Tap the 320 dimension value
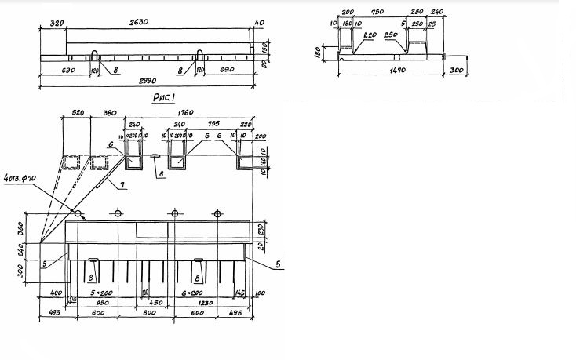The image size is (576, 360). (52, 24)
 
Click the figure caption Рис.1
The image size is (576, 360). (170, 98)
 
